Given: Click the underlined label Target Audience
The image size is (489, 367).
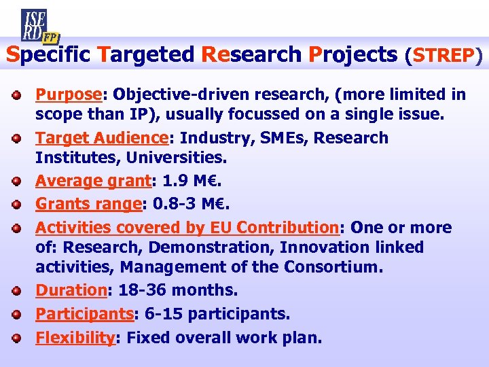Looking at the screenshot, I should (101, 138).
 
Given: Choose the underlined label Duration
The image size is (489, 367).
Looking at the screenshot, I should (71, 290).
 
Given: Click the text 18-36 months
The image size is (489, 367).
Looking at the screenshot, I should (178, 290).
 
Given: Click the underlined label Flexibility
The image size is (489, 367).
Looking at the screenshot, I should (75, 336).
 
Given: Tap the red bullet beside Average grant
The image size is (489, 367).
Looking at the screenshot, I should (21, 182).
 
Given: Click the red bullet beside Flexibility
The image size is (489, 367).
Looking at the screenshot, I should (21, 337).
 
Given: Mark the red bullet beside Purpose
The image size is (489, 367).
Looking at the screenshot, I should (21, 94).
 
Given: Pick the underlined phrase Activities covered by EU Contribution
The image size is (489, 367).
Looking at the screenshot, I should (186, 227).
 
